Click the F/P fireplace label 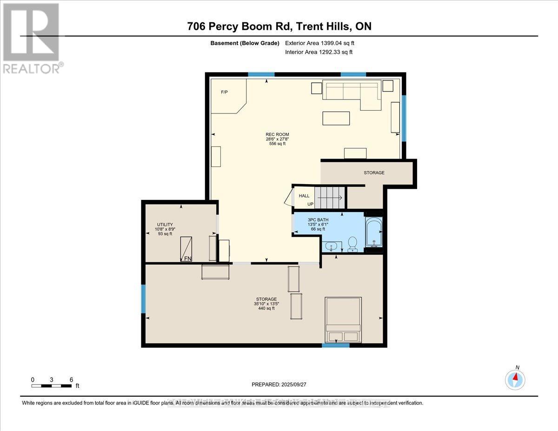click(x=224, y=92)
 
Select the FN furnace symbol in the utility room click(x=186, y=248)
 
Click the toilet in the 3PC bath click(x=352, y=243)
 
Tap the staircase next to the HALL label click(x=329, y=197)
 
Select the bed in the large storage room click(x=343, y=320)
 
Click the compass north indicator click(x=515, y=379)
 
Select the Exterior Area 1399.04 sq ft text click(x=323, y=43)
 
